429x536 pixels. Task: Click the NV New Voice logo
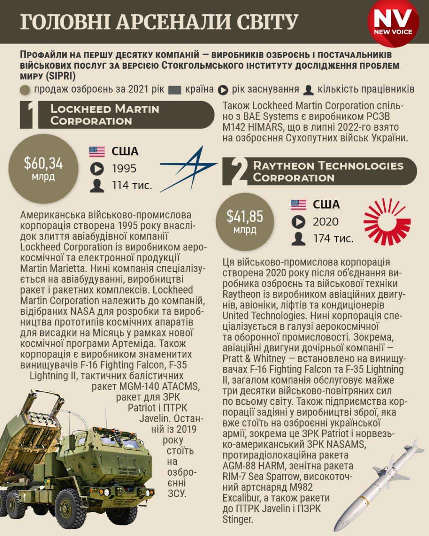coord(393,22)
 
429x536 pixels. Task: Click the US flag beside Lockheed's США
coord(97,152)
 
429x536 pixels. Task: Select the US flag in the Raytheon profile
coord(298,205)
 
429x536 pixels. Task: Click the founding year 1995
coord(124,169)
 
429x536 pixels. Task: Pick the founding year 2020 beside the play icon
coord(326,222)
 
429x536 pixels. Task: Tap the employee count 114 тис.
coord(132,185)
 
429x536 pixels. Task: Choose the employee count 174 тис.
coord(333,238)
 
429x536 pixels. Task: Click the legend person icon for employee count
coord(309,90)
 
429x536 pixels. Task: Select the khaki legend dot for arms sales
coord(25,90)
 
